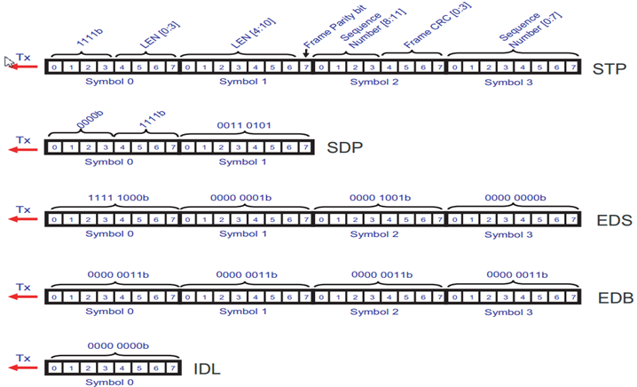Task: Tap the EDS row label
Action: tap(609, 218)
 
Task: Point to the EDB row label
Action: tap(609, 296)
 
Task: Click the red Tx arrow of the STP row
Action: tap(24, 67)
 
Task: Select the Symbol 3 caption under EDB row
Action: tap(514, 311)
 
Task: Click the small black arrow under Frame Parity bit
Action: tap(306, 53)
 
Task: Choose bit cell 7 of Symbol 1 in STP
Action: tap(304, 67)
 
